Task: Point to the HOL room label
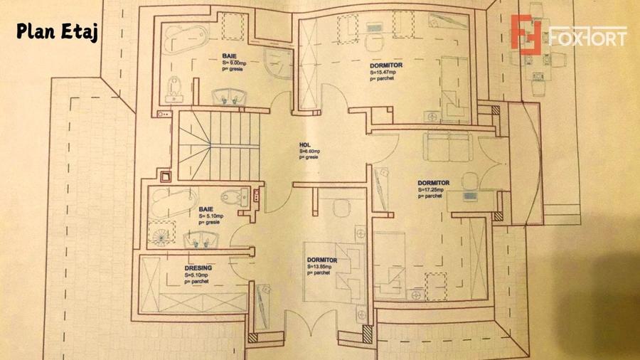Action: [305, 144]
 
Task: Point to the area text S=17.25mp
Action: [431, 190]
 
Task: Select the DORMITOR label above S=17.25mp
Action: [433, 184]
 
